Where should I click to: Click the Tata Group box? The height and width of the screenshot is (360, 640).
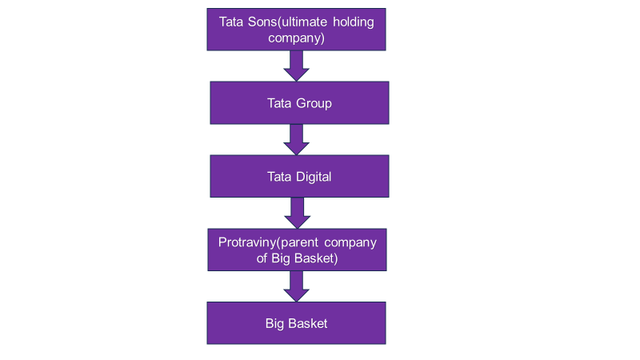pyautogui.click(x=299, y=102)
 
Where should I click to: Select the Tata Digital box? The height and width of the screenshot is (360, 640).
pyautogui.click(x=299, y=176)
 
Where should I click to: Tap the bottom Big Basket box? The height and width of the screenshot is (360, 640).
pyautogui.click(x=296, y=323)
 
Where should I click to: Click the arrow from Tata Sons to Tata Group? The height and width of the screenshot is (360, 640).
pyautogui.click(x=297, y=65)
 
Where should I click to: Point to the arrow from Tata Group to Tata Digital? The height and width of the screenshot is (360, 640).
pyautogui.click(x=297, y=139)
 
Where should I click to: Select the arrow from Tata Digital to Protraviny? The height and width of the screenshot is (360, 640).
pyautogui.click(x=297, y=213)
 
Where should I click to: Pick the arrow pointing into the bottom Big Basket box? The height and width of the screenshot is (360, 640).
pyautogui.click(x=297, y=286)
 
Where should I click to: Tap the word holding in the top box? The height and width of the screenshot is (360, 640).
pyautogui.click(x=350, y=22)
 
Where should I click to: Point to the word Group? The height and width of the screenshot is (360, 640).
pyautogui.click(x=314, y=103)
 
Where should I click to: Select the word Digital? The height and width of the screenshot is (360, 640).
pyautogui.click(x=313, y=177)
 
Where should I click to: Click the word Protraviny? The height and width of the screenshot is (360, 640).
pyautogui.click(x=247, y=242)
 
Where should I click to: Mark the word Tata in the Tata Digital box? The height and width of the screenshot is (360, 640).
pyautogui.click(x=279, y=177)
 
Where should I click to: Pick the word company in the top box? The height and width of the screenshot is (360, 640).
pyautogui.click(x=297, y=37)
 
